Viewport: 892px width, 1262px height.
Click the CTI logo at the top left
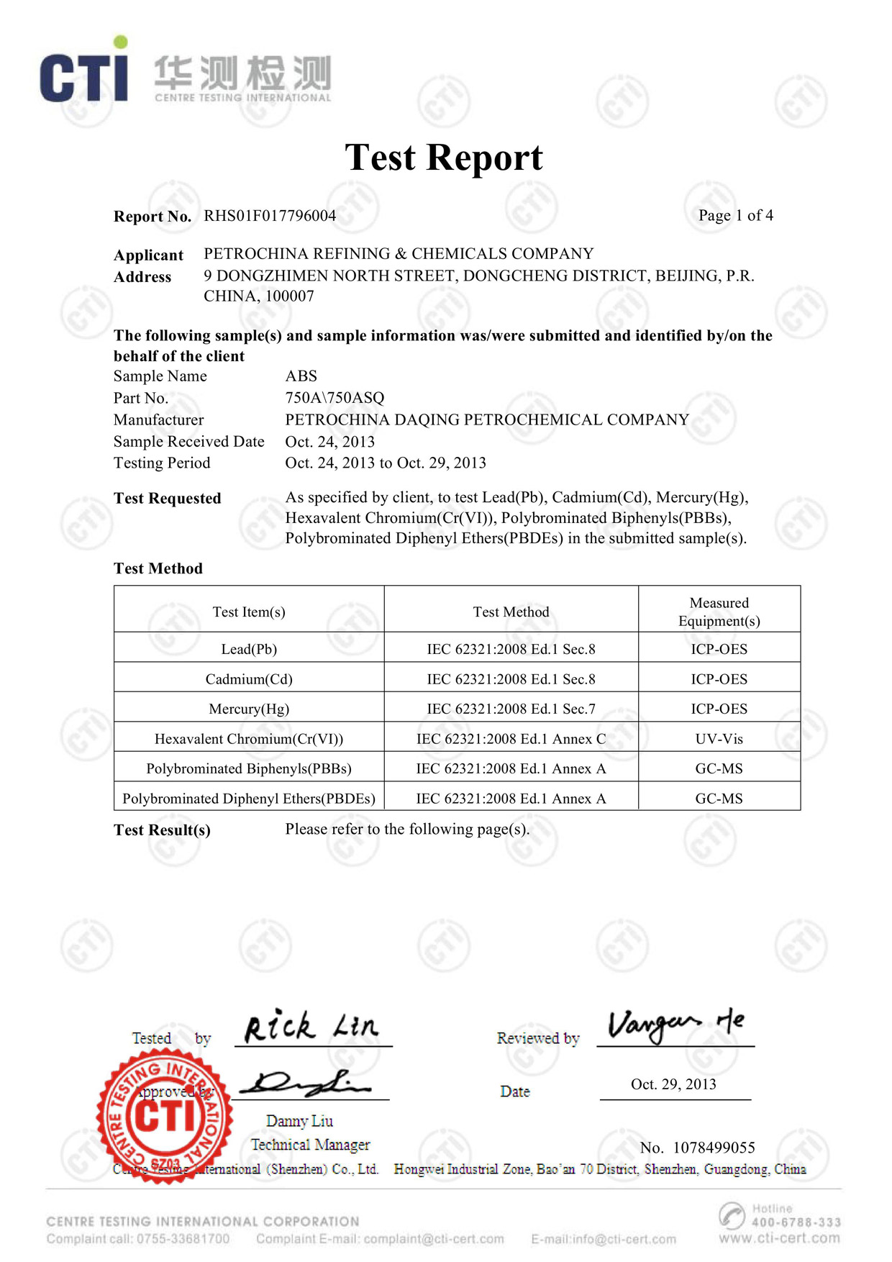coord(84,74)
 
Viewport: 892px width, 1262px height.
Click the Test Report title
coord(444,158)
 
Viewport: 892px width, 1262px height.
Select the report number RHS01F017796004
coord(270,216)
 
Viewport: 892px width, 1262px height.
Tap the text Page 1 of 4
coord(735,216)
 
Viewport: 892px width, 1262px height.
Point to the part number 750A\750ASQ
coord(334,398)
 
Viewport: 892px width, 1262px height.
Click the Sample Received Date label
coord(188,442)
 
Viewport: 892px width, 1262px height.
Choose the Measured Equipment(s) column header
coord(719,612)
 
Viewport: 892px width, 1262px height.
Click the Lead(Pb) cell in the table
coord(249,649)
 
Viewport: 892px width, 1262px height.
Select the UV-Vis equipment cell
coord(719,739)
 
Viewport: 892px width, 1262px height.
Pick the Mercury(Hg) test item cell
coord(249,709)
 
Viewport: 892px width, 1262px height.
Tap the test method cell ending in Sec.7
coord(511,709)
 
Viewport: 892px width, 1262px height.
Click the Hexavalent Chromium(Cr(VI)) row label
coord(249,739)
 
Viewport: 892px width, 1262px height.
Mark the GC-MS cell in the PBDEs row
coord(719,799)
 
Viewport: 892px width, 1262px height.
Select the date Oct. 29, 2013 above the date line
coord(673,1084)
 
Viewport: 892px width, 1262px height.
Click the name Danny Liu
coord(299,1121)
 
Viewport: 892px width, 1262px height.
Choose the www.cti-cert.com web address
coord(779,1238)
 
